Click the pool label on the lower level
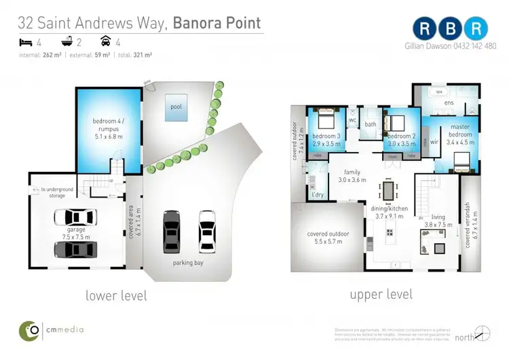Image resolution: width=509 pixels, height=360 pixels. (x=176, y=107)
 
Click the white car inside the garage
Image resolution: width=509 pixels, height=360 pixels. (x=75, y=217)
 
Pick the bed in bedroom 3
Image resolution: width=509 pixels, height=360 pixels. (x=322, y=122)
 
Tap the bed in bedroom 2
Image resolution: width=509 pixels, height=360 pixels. (x=395, y=123)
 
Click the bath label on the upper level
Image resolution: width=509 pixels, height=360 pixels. (x=370, y=124)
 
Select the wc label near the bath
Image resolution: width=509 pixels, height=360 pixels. (x=353, y=121)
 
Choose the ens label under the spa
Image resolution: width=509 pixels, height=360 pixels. (x=449, y=103)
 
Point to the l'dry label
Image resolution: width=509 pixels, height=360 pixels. (x=317, y=196)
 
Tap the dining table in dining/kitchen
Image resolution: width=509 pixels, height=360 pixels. (x=388, y=191)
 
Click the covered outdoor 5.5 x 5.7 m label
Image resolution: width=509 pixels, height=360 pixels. (x=328, y=238)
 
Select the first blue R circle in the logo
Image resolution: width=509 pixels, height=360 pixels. (x=425, y=28)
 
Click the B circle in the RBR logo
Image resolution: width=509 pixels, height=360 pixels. (x=452, y=28)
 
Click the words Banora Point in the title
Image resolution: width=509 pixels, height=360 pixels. (x=216, y=23)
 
